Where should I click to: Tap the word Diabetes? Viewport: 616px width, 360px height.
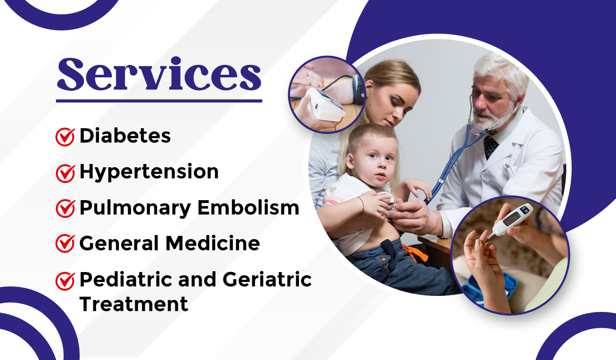[125, 136]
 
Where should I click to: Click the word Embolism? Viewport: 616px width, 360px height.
[248, 208]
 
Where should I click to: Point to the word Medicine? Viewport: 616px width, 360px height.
[213, 243]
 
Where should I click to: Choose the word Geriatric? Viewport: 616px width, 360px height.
[267, 279]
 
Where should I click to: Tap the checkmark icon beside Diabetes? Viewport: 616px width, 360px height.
[65, 136]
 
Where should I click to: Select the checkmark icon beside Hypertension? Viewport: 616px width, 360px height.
[65, 173]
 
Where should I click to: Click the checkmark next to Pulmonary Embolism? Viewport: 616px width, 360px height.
[65, 208]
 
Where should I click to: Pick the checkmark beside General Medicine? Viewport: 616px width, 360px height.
[65, 243]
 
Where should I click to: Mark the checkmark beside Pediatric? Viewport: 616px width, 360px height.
[65, 281]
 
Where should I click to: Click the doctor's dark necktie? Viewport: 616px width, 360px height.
[490, 148]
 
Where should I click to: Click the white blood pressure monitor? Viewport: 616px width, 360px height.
[326, 104]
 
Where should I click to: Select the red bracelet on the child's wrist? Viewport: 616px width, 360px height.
[362, 204]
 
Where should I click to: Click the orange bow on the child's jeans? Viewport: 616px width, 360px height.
[415, 253]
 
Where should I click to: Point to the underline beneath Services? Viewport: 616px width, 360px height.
[159, 101]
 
